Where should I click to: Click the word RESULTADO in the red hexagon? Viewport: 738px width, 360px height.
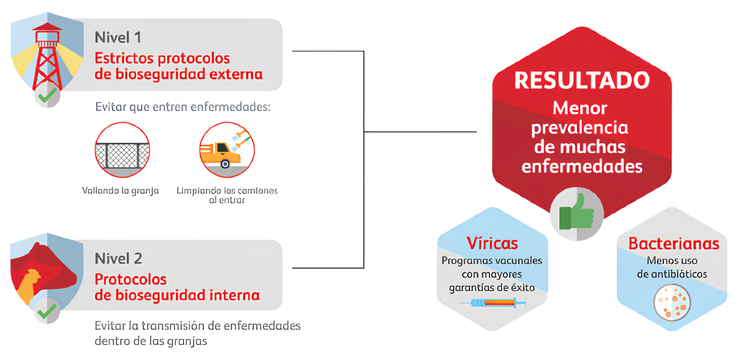pos(582,81)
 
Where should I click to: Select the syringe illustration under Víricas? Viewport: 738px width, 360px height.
pos(492,303)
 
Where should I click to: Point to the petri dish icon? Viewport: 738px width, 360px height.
pos(672,302)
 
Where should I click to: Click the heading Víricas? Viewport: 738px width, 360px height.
pos(492,243)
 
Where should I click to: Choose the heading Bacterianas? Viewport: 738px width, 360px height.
pos(674,244)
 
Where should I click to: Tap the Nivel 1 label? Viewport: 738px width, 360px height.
pos(118,37)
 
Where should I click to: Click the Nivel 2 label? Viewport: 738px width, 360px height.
pos(118,258)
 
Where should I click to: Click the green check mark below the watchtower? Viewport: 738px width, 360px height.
pos(47,96)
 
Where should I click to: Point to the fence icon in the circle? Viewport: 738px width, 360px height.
pos(122,149)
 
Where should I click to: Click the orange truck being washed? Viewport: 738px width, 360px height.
pos(221,153)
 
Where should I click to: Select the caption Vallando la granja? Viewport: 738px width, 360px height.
pos(120,191)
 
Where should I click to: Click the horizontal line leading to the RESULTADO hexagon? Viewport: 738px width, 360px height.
pos(420,131)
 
